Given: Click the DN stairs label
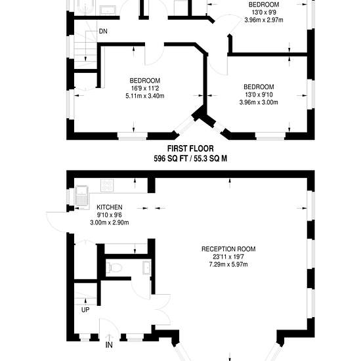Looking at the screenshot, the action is click(x=103, y=31).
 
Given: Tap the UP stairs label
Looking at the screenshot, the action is click(x=85, y=310).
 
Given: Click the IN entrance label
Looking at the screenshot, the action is click(x=109, y=345).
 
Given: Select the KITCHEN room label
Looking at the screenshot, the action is click(x=110, y=207).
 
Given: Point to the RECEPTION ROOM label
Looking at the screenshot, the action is click(x=228, y=249).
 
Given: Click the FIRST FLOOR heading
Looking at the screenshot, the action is click(x=190, y=149).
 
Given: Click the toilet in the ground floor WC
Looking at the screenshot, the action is click(x=114, y=268).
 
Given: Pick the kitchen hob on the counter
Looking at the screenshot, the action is click(x=107, y=185).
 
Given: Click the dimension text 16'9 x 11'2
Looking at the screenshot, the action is click(x=145, y=88).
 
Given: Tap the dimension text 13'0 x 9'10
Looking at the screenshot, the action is click(x=259, y=95).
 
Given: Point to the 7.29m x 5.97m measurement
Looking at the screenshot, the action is click(x=228, y=265).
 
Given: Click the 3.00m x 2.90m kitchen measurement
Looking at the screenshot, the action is click(x=110, y=223).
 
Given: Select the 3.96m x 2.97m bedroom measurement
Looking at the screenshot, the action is click(x=264, y=20).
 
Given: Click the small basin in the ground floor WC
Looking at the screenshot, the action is click(x=146, y=268).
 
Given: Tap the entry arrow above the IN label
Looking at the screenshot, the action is click(x=109, y=337).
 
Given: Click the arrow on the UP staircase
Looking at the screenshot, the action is click(x=85, y=301).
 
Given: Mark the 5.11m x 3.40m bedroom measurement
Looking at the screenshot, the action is click(x=145, y=96).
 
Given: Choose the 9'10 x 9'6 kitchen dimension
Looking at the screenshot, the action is click(x=110, y=215).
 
